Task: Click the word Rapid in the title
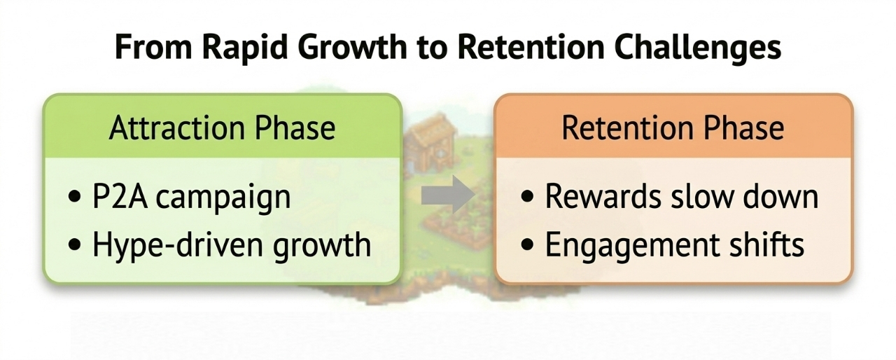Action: (x=245, y=48)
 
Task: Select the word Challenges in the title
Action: (x=698, y=48)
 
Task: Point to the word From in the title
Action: (x=154, y=47)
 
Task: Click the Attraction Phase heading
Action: (x=222, y=127)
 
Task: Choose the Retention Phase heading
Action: (x=673, y=127)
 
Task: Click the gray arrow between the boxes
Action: (x=449, y=195)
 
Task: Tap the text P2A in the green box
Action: (x=119, y=196)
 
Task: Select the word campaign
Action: (x=223, y=199)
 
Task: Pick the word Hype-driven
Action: (x=178, y=246)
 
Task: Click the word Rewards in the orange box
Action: (x=603, y=196)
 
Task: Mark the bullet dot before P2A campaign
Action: (x=74, y=197)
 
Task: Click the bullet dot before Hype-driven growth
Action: (x=74, y=244)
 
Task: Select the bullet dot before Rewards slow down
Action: (x=528, y=196)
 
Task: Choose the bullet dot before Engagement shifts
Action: (x=528, y=244)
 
